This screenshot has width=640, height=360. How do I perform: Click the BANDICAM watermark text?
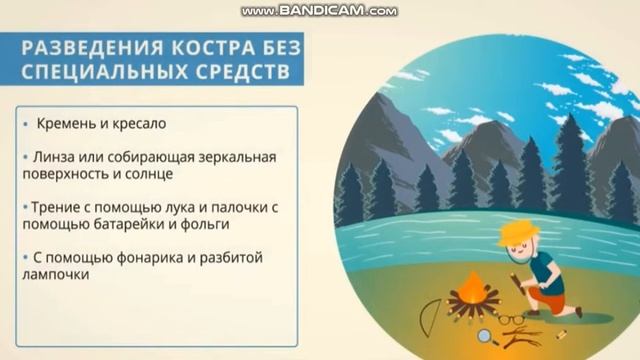tap(319, 11)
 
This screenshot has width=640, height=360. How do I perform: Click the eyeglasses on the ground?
tap(509, 319)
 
